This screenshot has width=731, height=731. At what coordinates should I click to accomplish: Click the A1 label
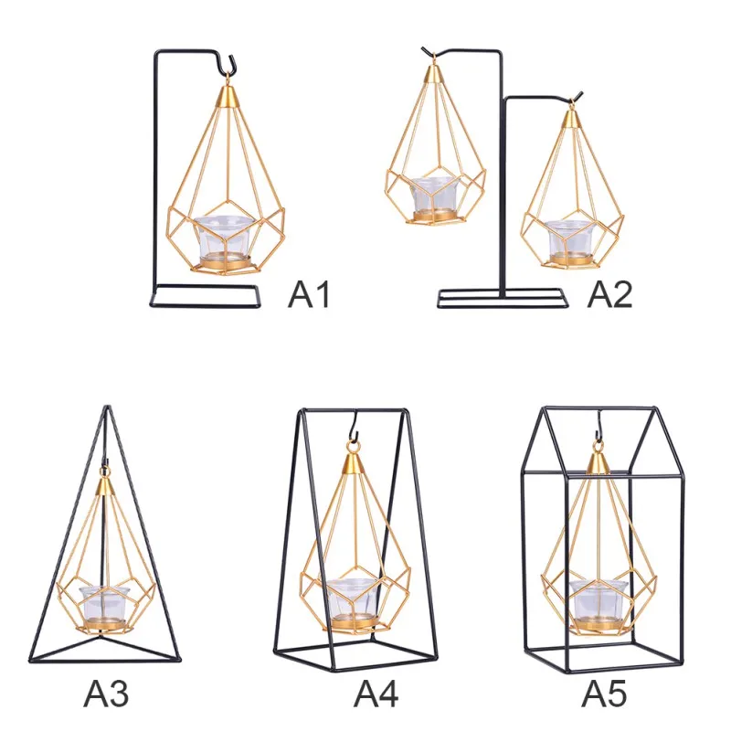(x=309, y=294)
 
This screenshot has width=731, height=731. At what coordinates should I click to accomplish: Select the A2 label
(x=609, y=294)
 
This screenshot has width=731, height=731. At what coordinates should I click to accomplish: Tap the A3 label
(x=106, y=694)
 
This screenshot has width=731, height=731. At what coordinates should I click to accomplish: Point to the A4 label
(x=376, y=694)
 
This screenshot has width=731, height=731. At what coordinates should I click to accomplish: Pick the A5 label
(x=603, y=694)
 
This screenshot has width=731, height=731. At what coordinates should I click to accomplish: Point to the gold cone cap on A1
(x=228, y=96)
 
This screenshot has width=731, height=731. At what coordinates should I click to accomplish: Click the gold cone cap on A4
(x=354, y=463)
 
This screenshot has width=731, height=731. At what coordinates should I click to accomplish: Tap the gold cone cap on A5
(x=596, y=462)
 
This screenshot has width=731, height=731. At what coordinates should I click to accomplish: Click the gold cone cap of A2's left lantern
(x=433, y=73)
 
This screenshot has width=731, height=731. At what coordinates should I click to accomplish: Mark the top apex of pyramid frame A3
(x=107, y=407)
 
